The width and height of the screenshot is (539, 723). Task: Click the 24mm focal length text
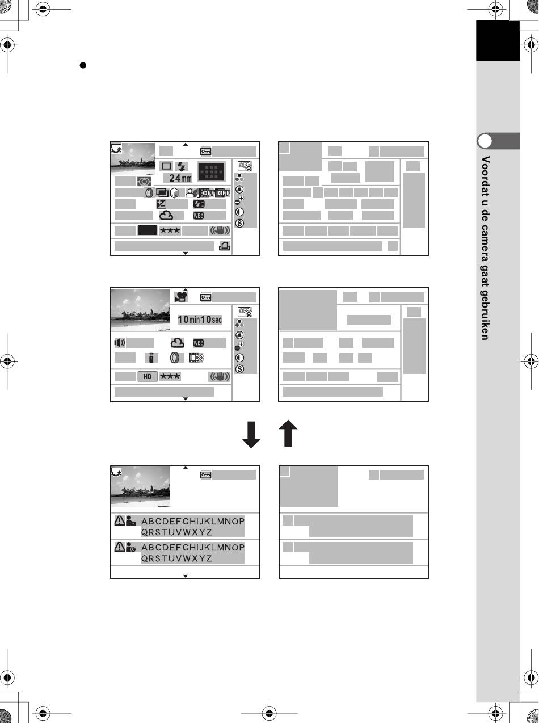(x=181, y=178)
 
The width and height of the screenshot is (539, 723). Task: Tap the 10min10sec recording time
(x=200, y=320)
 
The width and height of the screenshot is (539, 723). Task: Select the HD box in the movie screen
(x=148, y=376)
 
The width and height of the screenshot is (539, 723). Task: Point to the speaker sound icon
(x=120, y=342)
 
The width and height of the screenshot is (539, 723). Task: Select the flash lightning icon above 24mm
(x=182, y=166)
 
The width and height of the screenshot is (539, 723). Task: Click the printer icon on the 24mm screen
(x=224, y=246)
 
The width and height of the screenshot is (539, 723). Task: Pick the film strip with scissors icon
(x=195, y=358)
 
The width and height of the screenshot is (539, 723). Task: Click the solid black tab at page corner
(x=498, y=41)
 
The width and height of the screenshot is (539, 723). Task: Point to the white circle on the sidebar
(x=484, y=141)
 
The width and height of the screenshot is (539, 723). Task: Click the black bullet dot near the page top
(x=83, y=65)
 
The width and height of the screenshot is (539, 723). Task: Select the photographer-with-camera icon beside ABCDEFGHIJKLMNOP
(x=131, y=520)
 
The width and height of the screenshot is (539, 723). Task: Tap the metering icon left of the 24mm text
(x=144, y=182)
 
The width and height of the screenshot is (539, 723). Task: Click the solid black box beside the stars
(x=148, y=230)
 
